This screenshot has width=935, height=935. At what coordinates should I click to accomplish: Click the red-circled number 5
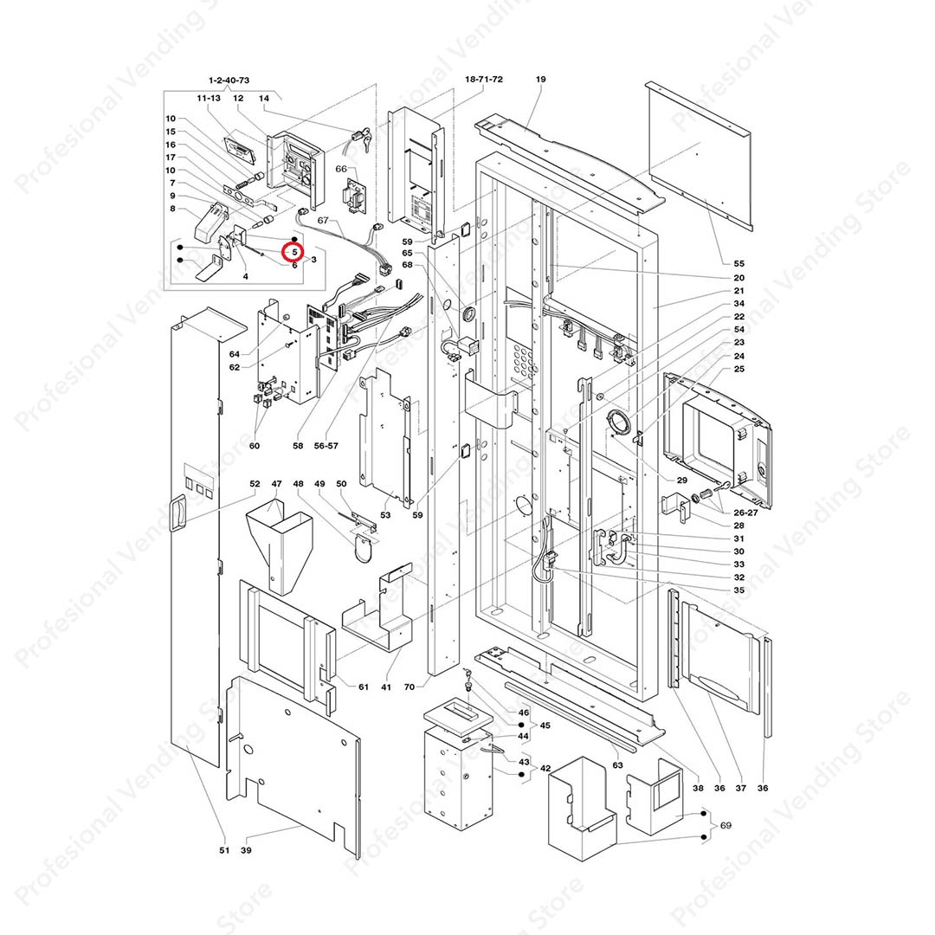tap(294, 252)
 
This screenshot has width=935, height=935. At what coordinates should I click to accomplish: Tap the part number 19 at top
tap(541, 80)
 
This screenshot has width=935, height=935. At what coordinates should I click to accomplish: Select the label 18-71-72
tap(484, 80)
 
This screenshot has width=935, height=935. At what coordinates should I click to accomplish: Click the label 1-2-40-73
tap(229, 81)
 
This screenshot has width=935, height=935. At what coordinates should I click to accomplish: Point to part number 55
tap(738, 262)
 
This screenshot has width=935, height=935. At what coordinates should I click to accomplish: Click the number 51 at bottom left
tap(224, 851)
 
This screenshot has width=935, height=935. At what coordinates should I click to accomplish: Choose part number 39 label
tap(246, 851)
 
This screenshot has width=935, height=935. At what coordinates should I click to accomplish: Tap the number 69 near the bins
tap(725, 826)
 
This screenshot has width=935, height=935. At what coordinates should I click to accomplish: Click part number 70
tap(409, 687)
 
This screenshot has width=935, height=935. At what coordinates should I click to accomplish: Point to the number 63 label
tap(617, 765)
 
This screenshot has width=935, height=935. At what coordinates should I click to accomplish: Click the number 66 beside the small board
tap(340, 169)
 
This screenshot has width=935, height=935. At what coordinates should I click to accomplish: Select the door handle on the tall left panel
tap(179, 512)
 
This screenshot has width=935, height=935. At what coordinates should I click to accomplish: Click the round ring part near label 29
tap(622, 423)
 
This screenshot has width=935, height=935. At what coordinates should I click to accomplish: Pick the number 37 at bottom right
tap(740, 788)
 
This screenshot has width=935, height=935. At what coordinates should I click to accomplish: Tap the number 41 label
tap(386, 687)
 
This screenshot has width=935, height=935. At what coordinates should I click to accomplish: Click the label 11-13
tap(209, 100)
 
